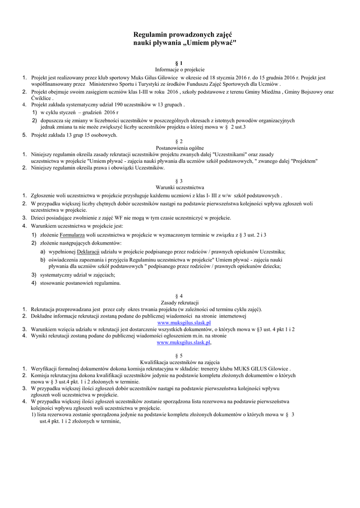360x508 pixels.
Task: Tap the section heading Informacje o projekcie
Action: pyautogui.click(x=180, y=70)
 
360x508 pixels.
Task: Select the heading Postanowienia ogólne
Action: pyautogui.click(x=180, y=148)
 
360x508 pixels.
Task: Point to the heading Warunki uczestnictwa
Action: pyautogui.click(x=180, y=188)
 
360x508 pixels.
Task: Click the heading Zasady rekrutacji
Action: pyautogui.click(x=180, y=303)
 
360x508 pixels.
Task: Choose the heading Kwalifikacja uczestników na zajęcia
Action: pyautogui.click(x=180, y=362)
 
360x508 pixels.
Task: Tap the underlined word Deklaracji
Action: pyautogui.click(x=88, y=252)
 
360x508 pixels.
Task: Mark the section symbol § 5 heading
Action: pyautogui.click(x=180, y=356)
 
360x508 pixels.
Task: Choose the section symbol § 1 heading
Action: pyautogui.click(x=180, y=63)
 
